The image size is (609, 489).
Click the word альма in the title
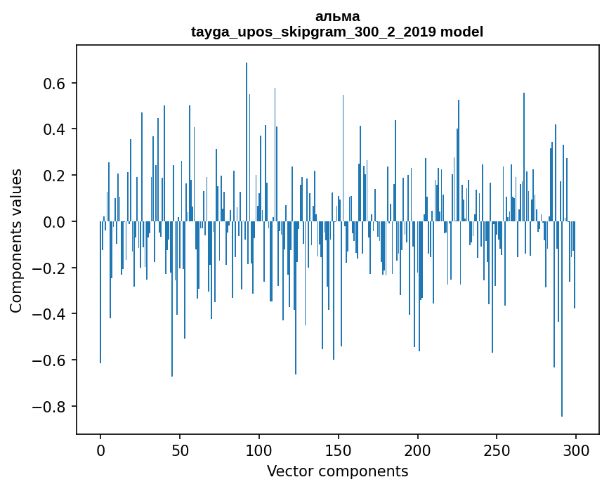pyautogui.click(x=337, y=16)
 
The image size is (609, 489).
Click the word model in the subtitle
pyautogui.click(x=461, y=32)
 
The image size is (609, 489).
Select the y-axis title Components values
pyautogui.click(x=16, y=240)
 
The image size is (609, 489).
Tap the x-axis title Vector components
pyautogui.click(x=337, y=471)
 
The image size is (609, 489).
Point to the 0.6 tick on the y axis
pyautogui.click(x=53, y=84)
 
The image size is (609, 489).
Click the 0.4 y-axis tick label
pyautogui.click(x=53, y=129)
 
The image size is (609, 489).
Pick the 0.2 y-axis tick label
pyautogui.click(x=53, y=176)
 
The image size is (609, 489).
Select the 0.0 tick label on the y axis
pyautogui.click(x=53, y=222)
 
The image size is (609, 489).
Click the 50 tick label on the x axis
pyautogui.click(x=180, y=450)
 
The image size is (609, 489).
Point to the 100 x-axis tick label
pyautogui.click(x=259, y=450)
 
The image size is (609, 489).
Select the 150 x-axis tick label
pyautogui.click(x=339, y=450)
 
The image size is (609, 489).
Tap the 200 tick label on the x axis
pyautogui.click(x=418, y=450)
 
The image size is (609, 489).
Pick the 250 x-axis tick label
pyautogui.click(x=497, y=450)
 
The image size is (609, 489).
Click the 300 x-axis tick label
pyautogui.click(x=576, y=450)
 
